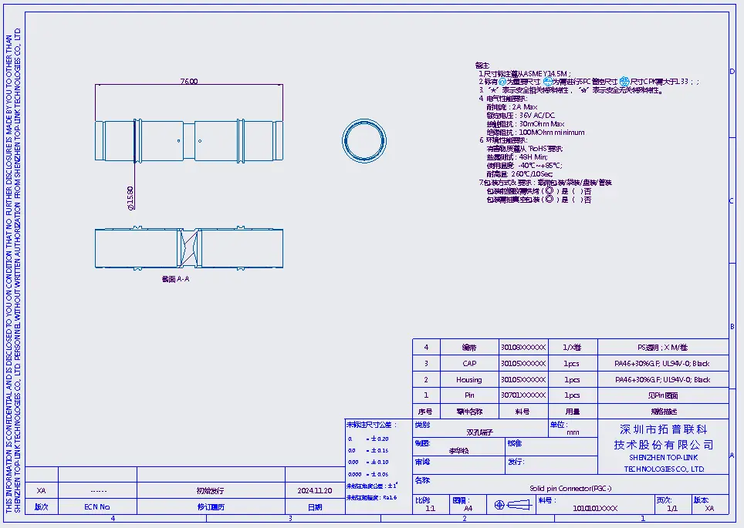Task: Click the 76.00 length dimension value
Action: click(188, 81)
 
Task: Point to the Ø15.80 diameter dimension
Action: click(130, 197)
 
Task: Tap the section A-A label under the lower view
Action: click(175, 279)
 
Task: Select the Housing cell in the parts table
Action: click(468, 380)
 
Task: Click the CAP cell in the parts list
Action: click(469, 364)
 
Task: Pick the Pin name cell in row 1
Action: click(469, 395)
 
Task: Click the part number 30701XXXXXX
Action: click(522, 395)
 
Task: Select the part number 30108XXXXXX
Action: click(522, 348)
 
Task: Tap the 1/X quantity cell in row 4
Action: click(571, 348)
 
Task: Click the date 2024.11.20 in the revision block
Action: click(315, 490)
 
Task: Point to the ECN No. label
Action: click(97, 507)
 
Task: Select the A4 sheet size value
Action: click(468, 509)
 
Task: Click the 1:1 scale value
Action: click(431, 509)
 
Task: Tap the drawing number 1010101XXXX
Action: click(596, 509)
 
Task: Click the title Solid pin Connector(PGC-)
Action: click(570, 489)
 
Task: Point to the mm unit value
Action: click(573, 433)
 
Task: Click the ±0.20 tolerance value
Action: click(378, 439)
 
